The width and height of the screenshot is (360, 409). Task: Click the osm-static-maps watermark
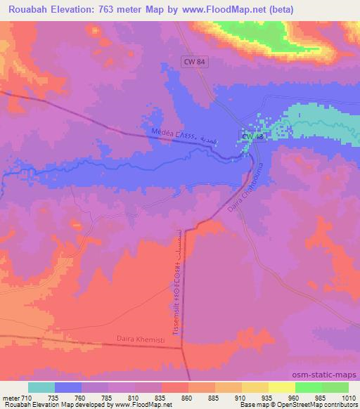(329, 373)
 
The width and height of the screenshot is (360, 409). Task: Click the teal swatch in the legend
(41, 387)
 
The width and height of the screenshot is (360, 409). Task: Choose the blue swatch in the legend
(67, 387)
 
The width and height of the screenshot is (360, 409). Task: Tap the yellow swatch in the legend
(281, 387)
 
